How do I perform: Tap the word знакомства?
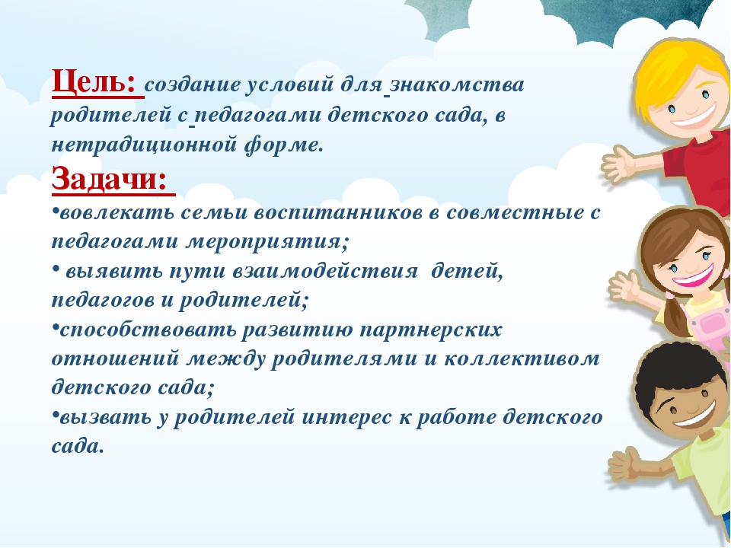point(457,85)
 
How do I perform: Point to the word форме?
point(283,145)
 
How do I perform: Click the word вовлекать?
point(117,213)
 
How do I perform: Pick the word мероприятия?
point(267,242)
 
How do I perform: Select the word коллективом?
point(521,359)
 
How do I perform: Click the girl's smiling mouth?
point(693,277)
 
